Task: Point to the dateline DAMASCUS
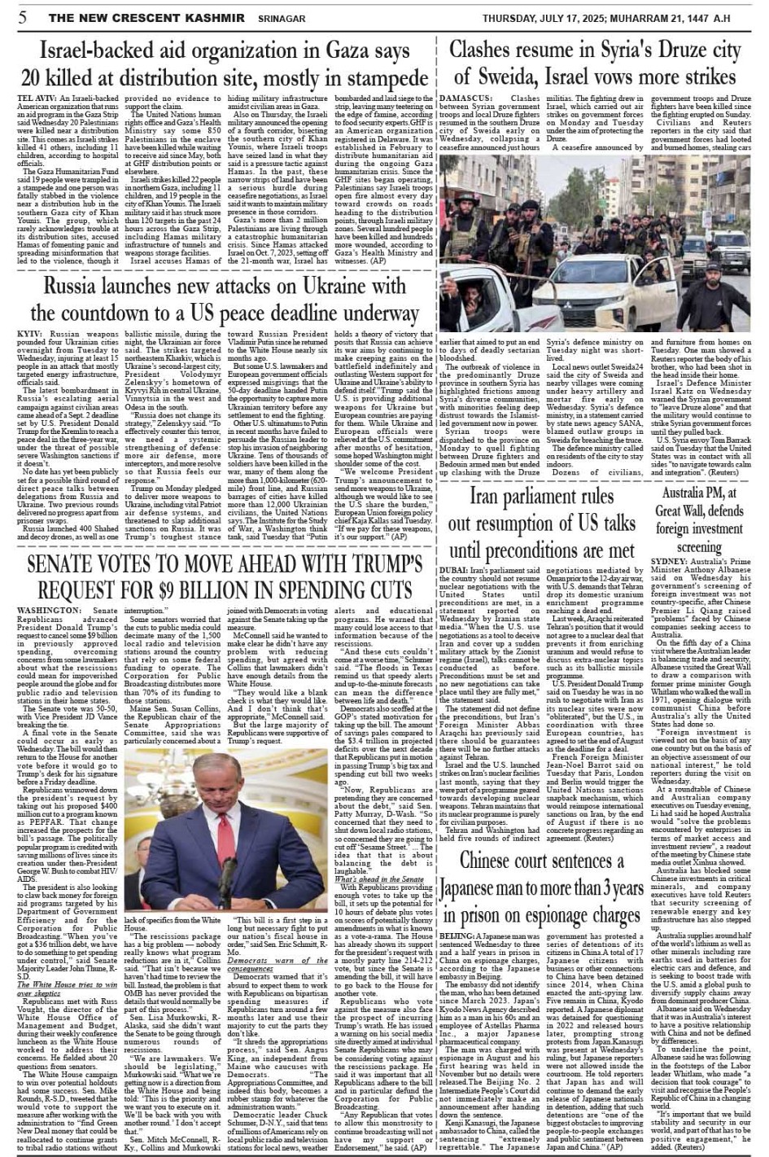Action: coord(465,98)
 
